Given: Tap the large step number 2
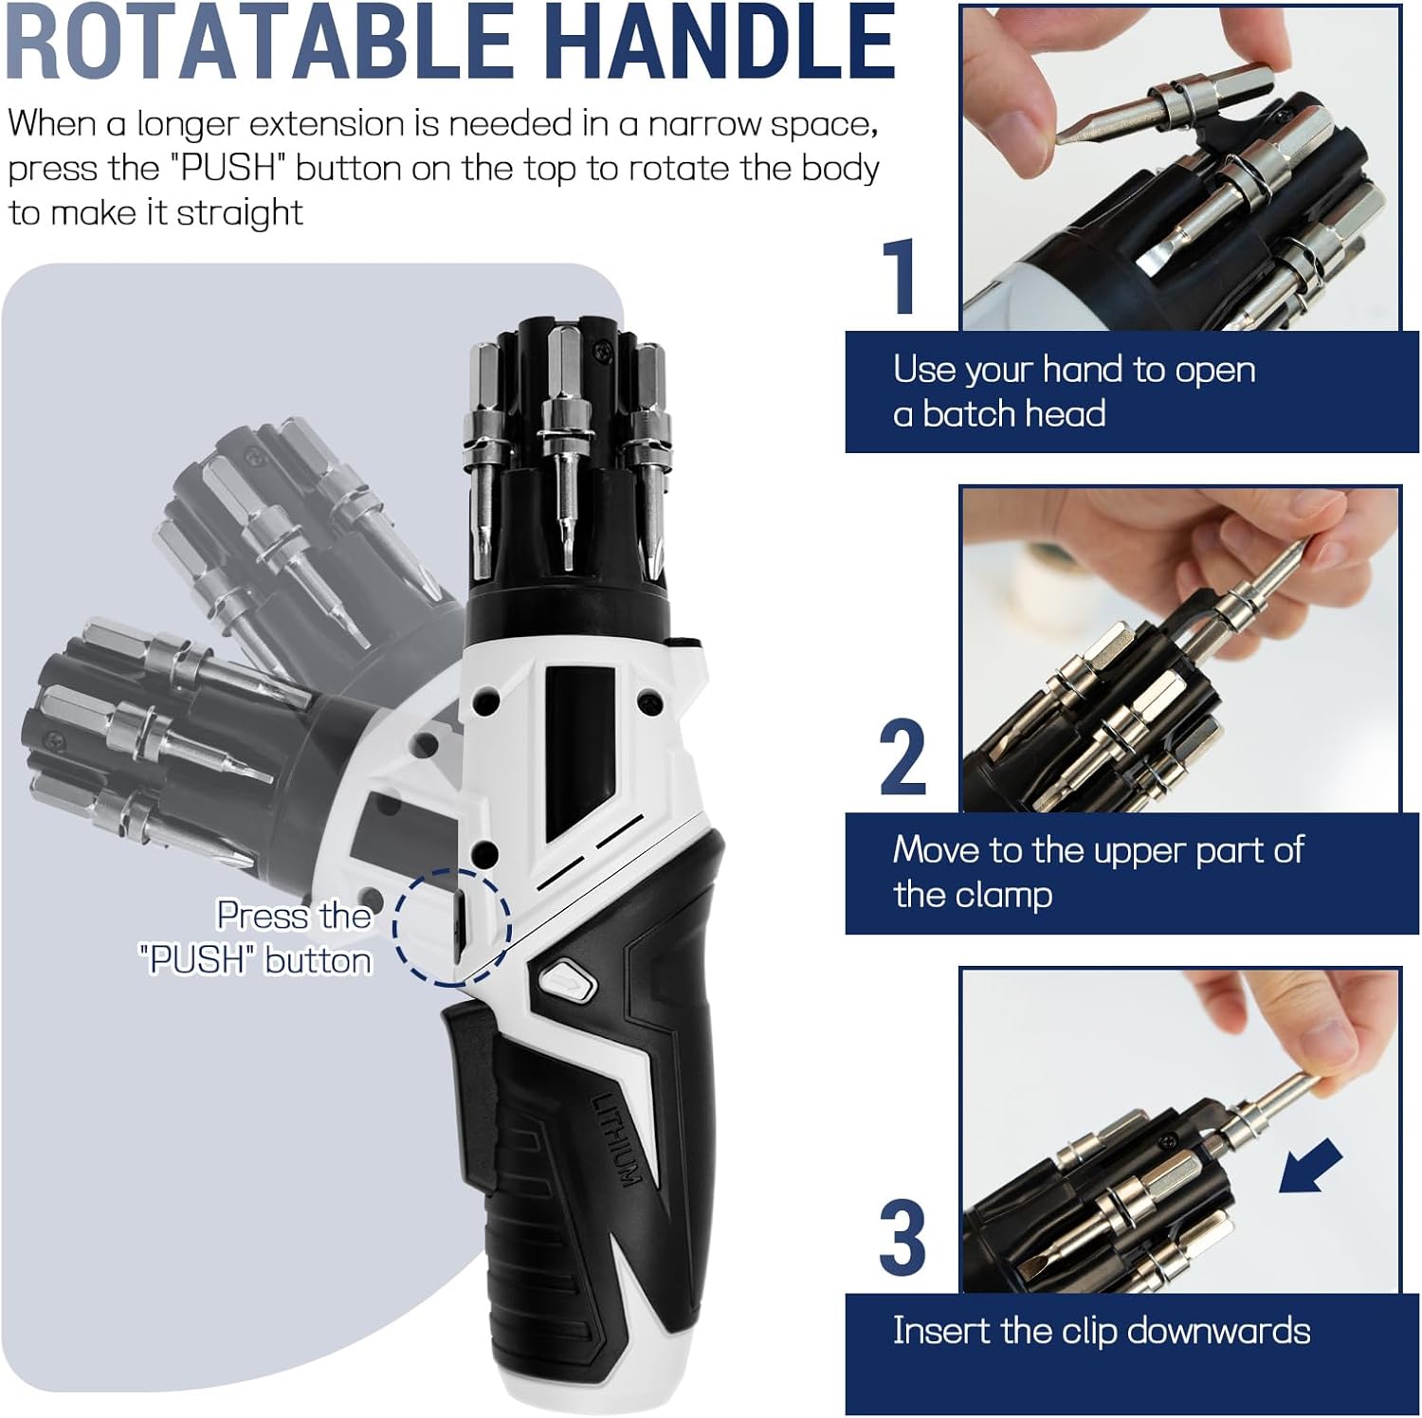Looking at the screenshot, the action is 902,757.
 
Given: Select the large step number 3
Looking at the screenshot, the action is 902,1238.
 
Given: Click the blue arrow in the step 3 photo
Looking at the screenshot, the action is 1311,1166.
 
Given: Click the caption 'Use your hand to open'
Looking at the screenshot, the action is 1074,370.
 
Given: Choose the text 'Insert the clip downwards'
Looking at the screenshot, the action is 1102,1331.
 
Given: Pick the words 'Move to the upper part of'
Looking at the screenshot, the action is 1099,850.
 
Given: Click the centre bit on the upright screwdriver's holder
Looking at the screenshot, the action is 565,445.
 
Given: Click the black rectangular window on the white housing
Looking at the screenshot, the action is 575,749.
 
